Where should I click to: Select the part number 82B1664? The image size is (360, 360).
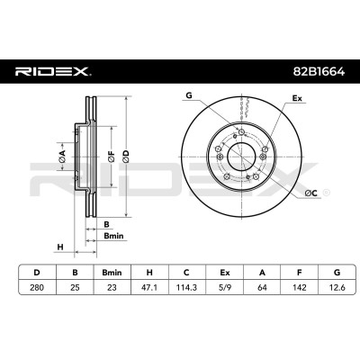[319, 72]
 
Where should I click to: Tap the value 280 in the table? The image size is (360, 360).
[37, 287]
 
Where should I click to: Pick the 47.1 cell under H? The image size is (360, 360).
[149, 287]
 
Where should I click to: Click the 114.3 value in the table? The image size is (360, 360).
[186, 287]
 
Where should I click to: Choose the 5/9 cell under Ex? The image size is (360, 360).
[224, 287]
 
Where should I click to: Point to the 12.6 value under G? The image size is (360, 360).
[337, 287]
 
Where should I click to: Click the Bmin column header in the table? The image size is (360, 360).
[112, 273]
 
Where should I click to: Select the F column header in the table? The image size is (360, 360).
[299, 273]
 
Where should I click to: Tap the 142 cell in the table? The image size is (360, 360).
[299, 287]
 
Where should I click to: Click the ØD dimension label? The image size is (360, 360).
[126, 157]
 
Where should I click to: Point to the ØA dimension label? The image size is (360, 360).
[62, 157]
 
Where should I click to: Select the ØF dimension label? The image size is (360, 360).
[112, 157]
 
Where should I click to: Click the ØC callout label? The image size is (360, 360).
[311, 193]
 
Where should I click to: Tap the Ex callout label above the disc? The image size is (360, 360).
[297, 98]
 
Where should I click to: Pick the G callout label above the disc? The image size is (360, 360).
[189, 95]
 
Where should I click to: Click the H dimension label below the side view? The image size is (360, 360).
[60, 247]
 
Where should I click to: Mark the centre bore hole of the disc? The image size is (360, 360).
[241, 157]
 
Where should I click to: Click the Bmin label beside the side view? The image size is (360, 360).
[113, 236]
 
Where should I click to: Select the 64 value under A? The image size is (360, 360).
[262, 287]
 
